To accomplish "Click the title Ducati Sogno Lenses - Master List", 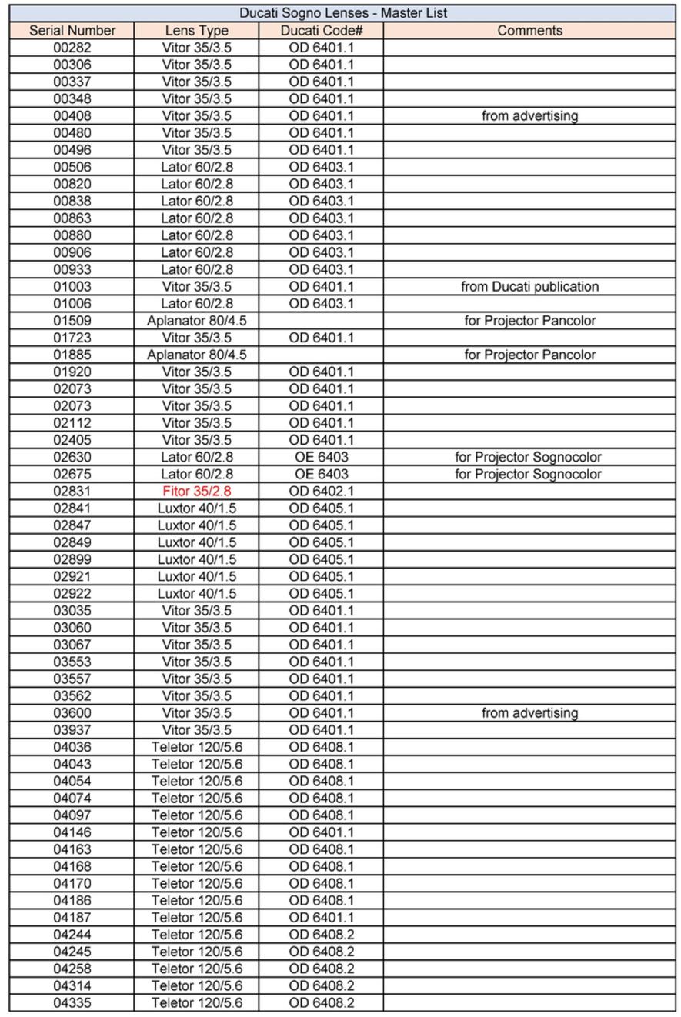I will [342, 13].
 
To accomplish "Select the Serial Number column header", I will [72, 31].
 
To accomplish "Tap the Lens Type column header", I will [196, 31].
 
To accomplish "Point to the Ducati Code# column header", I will [321, 31].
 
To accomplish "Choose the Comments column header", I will [529, 31].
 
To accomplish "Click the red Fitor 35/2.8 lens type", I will [196, 491].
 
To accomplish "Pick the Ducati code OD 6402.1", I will [321, 491].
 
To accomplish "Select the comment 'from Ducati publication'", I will [529, 286].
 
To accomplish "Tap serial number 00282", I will [72, 48].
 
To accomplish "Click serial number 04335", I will [72, 1002].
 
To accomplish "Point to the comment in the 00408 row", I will [529, 116].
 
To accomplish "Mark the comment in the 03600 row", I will [529, 712].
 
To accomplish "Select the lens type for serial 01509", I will [196, 321].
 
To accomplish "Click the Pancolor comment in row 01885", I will [529, 355].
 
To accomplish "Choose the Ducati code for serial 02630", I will [321, 457].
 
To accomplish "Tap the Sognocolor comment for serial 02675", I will [529, 474].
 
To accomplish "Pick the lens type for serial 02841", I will [196, 508].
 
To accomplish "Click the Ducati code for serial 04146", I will [321, 832].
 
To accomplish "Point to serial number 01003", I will [72, 286].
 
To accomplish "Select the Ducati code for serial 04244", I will [321, 934].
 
